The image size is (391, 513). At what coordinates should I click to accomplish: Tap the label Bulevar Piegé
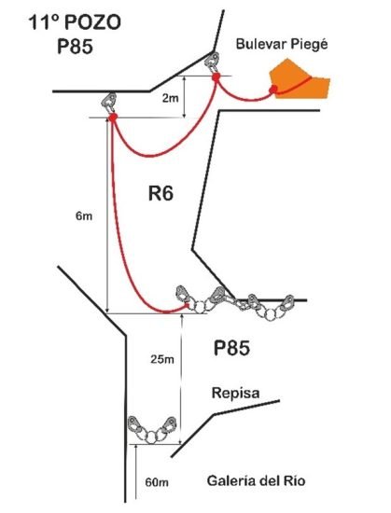(x=282, y=45)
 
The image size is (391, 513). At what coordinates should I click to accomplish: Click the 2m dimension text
(x=171, y=98)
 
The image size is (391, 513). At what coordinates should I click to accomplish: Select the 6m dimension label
(x=84, y=216)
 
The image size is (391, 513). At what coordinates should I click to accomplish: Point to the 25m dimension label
(x=162, y=359)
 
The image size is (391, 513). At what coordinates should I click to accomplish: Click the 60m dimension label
(x=157, y=482)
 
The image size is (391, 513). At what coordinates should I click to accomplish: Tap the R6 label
(x=161, y=194)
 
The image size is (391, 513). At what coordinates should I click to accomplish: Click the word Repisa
(x=235, y=393)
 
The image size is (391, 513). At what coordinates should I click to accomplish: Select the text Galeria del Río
(x=257, y=481)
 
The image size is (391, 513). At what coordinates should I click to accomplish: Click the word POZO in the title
(x=93, y=23)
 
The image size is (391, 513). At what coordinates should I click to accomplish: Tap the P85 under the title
(x=75, y=46)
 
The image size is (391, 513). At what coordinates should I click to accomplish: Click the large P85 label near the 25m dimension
(x=231, y=348)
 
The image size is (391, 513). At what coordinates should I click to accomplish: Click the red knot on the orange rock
(x=273, y=89)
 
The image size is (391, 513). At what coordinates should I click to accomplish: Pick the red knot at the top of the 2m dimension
(x=216, y=77)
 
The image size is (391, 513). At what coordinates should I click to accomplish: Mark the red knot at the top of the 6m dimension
(x=113, y=118)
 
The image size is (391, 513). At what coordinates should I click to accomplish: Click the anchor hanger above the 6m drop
(x=109, y=103)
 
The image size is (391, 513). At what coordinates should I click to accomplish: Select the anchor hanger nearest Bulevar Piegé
(x=213, y=62)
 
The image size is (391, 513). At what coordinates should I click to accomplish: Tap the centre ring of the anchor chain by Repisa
(x=151, y=437)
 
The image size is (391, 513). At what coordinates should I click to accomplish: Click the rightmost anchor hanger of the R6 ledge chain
(x=287, y=303)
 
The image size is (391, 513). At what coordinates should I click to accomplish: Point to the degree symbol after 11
(x=55, y=19)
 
